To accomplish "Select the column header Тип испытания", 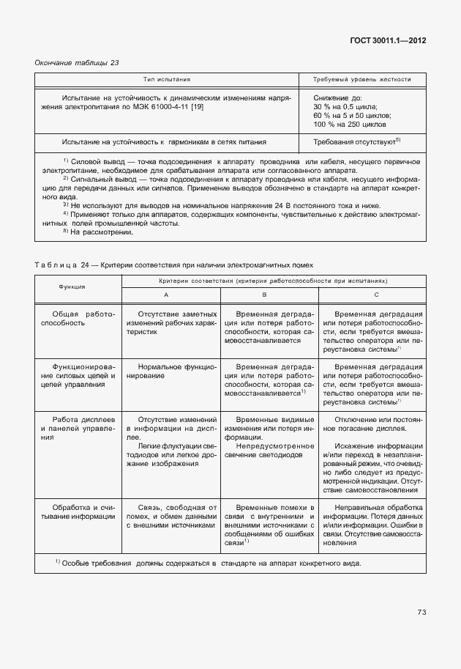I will point(166,79).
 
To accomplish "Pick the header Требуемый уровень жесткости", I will point(361,79).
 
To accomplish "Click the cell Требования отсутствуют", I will point(355,141).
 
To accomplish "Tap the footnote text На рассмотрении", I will point(88,253).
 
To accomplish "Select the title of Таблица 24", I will point(175,265).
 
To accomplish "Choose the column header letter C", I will point(375,294).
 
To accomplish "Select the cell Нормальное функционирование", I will point(171,370).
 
